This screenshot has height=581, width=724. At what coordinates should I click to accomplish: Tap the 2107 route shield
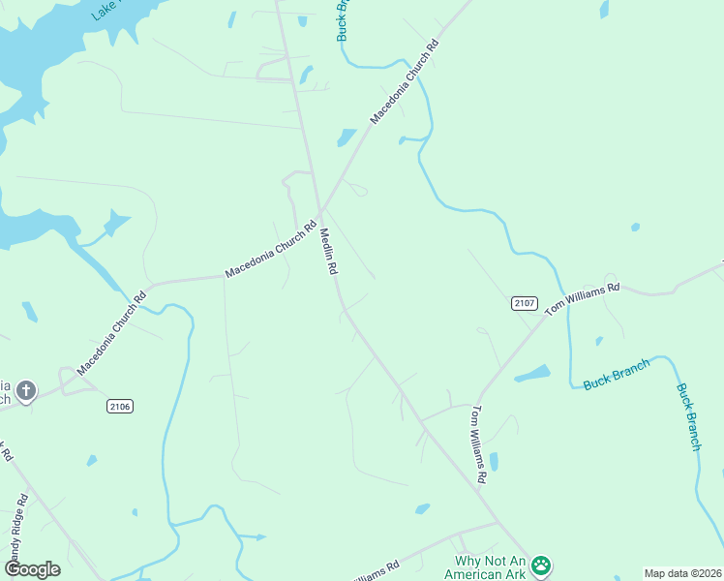click(x=524, y=303)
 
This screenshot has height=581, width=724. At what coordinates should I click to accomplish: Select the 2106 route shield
click(x=120, y=406)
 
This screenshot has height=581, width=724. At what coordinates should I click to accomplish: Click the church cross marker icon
click(x=26, y=391)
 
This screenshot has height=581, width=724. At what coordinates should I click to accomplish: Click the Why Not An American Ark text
click(x=490, y=567)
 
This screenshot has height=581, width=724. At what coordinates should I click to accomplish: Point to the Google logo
click(x=32, y=569)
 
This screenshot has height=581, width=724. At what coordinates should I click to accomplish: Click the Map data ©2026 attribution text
click(x=682, y=573)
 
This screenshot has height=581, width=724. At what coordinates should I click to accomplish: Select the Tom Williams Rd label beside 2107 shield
click(x=581, y=299)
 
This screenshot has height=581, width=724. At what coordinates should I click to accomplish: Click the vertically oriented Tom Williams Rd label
click(x=477, y=445)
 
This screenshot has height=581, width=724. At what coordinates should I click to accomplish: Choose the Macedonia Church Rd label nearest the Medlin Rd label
click(x=271, y=251)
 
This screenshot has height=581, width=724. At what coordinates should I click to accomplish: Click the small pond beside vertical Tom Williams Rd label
click(x=494, y=461)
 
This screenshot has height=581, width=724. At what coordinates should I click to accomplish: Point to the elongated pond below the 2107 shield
click(x=532, y=374)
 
